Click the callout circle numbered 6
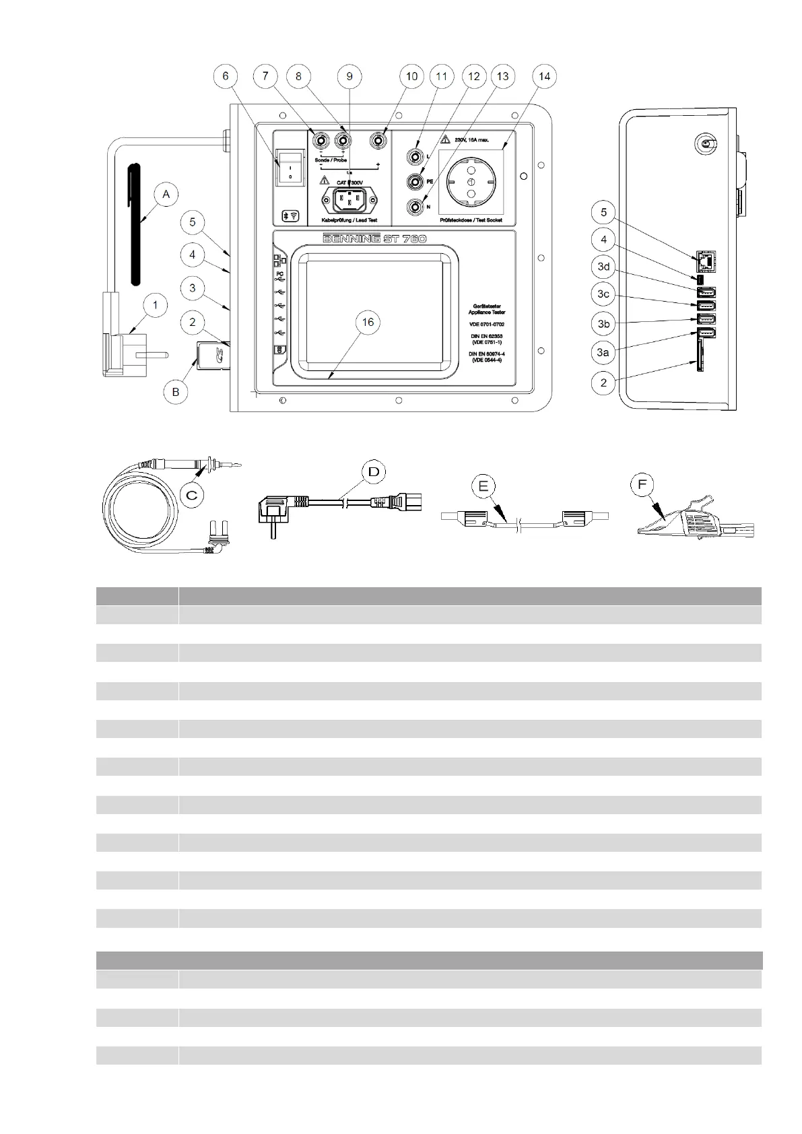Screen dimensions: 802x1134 (x=226, y=76)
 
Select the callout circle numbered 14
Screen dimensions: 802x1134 (x=544, y=76)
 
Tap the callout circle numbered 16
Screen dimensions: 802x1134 (x=368, y=323)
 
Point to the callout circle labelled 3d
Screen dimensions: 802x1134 (x=603, y=267)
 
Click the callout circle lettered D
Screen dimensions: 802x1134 (x=373, y=472)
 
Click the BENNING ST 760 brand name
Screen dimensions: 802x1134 (x=375, y=239)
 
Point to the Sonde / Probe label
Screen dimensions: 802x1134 (x=331, y=160)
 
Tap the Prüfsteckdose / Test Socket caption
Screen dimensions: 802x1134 (x=471, y=220)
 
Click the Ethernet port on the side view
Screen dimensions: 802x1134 (x=705, y=260)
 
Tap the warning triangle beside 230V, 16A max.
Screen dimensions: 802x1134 (x=444, y=140)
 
